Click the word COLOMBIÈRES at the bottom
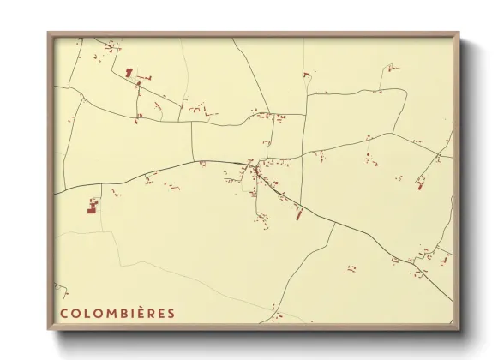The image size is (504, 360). (x=117, y=313)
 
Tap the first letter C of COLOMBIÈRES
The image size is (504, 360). (x=63, y=313)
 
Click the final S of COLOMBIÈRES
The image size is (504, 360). (x=171, y=313)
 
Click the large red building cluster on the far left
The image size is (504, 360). (x=93, y=206)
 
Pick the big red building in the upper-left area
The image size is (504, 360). (x=129, y=74)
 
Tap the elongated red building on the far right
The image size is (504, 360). (x=421, y=182)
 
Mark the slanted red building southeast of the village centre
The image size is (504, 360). (x=299, y=213)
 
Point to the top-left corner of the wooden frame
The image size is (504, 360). (x=48, y=33)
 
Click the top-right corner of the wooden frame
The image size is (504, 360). (x=459, y=33)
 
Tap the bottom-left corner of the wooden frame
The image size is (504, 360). (x=48, y=330)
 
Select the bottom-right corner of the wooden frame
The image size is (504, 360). (x=459, y=330)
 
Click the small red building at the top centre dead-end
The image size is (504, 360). (x=305, y=75)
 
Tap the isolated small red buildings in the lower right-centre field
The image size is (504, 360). (x=351, y=269)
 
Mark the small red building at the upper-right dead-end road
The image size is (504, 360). (x=390, y=66)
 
